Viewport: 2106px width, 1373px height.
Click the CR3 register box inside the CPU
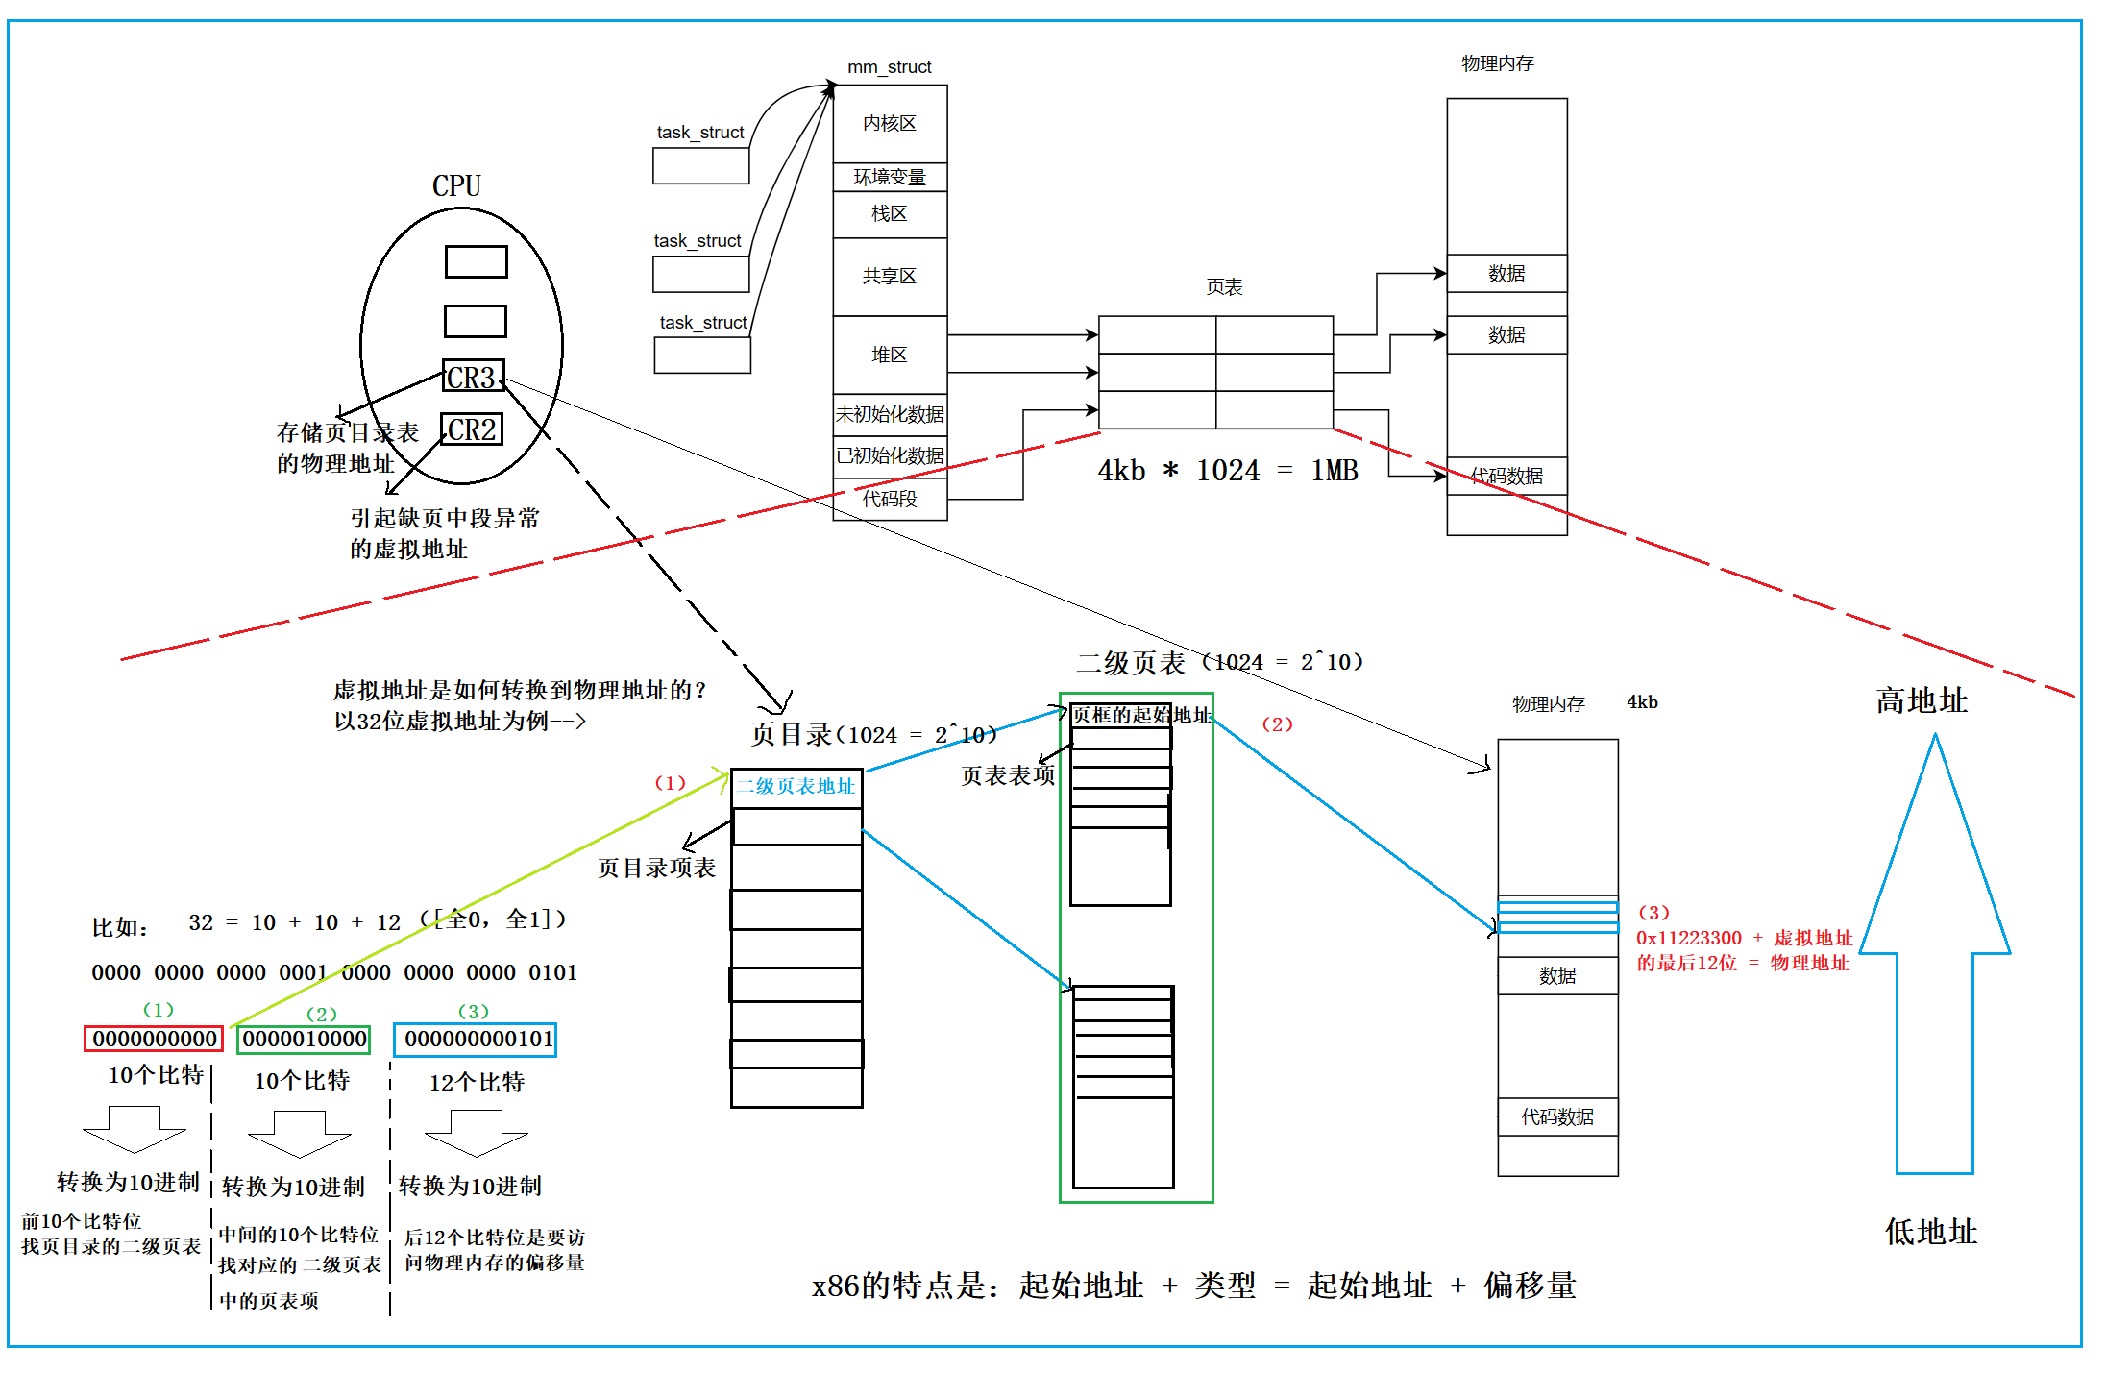coord(472,377)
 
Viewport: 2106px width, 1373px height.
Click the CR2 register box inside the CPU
coord(471,429)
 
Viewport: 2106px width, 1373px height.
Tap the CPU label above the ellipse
coord(456,185)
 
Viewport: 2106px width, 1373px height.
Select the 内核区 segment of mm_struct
coord(889,124)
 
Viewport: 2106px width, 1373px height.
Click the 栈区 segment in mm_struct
coord(889,214)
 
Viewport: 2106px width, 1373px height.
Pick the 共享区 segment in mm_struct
coord(889,277)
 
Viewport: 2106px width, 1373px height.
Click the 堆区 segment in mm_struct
coord(889,356)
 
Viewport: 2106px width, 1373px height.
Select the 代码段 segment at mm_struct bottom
coord(889,500)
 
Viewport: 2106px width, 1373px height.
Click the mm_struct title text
coord(889,67)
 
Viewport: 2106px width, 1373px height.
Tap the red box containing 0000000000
coord(154,1039)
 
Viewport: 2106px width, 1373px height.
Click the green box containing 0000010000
coord(304,1039)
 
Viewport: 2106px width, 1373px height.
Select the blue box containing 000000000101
coord(476,1040)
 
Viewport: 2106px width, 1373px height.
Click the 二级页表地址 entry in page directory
coord(796,787)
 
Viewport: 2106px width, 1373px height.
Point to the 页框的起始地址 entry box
coord(1121,715)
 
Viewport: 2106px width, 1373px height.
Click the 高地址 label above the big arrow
coord(1922,700)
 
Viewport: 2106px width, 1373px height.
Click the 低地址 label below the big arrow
coord(1930,1232)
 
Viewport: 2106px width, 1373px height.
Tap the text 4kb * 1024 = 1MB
coord(1228,471)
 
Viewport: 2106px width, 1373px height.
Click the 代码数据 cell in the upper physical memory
coord(1506,477)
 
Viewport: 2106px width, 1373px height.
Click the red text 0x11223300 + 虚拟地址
coord(1744,938)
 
